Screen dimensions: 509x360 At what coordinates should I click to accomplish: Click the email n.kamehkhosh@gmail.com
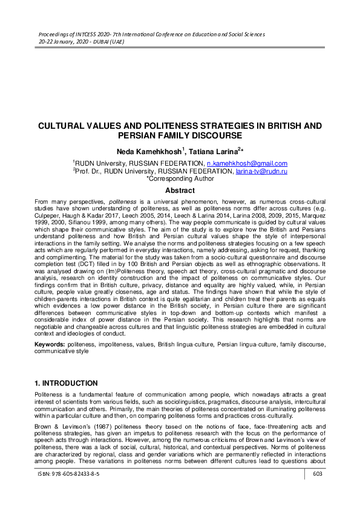pos(247,164)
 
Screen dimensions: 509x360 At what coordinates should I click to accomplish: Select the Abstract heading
pos(180,190)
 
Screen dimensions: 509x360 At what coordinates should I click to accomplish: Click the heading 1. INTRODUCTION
pos(66,383)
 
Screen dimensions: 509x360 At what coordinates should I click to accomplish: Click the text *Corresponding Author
pos(180,179)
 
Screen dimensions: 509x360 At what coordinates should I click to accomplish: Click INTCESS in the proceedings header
pos(74,34)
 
